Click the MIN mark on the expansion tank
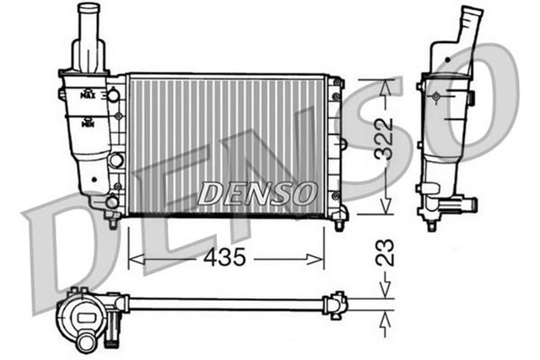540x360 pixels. tap(86, 123)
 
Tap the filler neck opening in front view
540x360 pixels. tap(89, 9)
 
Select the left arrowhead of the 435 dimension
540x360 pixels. tap(132, 259)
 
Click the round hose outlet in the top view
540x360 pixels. tap(86, 342)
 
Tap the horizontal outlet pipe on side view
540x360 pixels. tap(462, 204)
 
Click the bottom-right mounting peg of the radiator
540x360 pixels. tap(339, 225)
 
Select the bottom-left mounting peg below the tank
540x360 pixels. tap(111, 224)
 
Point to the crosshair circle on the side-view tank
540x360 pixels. tap(435, 100)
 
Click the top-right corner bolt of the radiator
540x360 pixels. tap(337, 83)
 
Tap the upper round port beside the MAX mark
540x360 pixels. tap(113, 95)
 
